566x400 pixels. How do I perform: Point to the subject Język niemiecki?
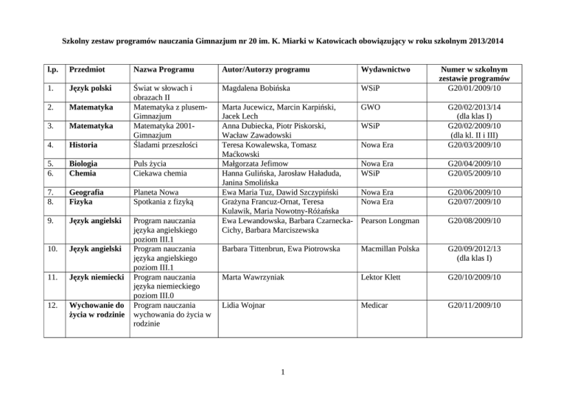pyautogui.click(x=94, y=277)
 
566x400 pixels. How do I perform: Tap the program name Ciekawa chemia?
pyautogui.click(x=158, y=174)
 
